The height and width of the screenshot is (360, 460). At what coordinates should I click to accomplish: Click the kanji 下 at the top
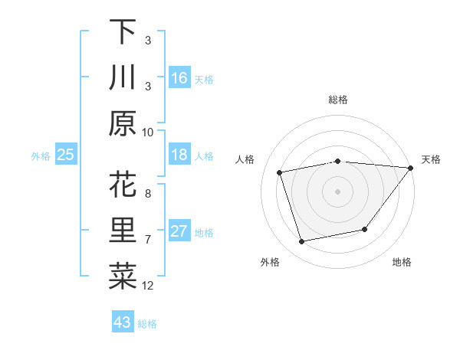pyautogui.click(x=123, y=32)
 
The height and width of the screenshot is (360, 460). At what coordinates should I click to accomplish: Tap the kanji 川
pyautogui.click(x=123, y=77)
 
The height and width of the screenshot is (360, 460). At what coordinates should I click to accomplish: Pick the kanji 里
pyautogui.click(x=123, y=231)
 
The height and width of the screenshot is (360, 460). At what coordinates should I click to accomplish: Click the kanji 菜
pyautogui.click(x=123, y=277)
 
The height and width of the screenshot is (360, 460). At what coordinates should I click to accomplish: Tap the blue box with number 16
pyautogui.click(x=179, y=77)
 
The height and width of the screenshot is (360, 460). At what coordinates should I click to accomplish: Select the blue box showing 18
pyautogui.click(x=179, y=155)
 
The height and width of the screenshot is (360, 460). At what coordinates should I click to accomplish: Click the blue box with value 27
pyautogui.click(x=179, y=231)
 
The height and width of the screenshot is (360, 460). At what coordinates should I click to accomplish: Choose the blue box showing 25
pyautogui.click(x=66, y=155)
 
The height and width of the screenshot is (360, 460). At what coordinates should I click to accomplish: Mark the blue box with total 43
pyautogui.click(x=123, y=322)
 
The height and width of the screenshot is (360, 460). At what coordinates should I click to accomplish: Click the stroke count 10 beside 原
pyautogui.click(x=148, y=132)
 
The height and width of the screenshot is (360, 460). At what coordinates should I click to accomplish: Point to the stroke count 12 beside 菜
pyautogui.click(x=148, y=286)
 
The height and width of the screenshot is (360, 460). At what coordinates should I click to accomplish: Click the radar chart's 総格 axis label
pyautogui.click(x=338, y=100)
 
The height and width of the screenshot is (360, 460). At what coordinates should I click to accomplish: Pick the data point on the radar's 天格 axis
pyautogui.click(x=411, y=168)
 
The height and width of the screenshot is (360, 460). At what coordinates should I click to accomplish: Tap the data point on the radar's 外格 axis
pyautogui.click(x=302, y=242)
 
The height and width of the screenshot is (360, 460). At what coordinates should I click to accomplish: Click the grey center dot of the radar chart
pyautogui.click(x=338, y=191)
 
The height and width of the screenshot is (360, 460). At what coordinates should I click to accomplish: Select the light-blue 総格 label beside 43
pyautogui.click(x=147, y=324)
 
